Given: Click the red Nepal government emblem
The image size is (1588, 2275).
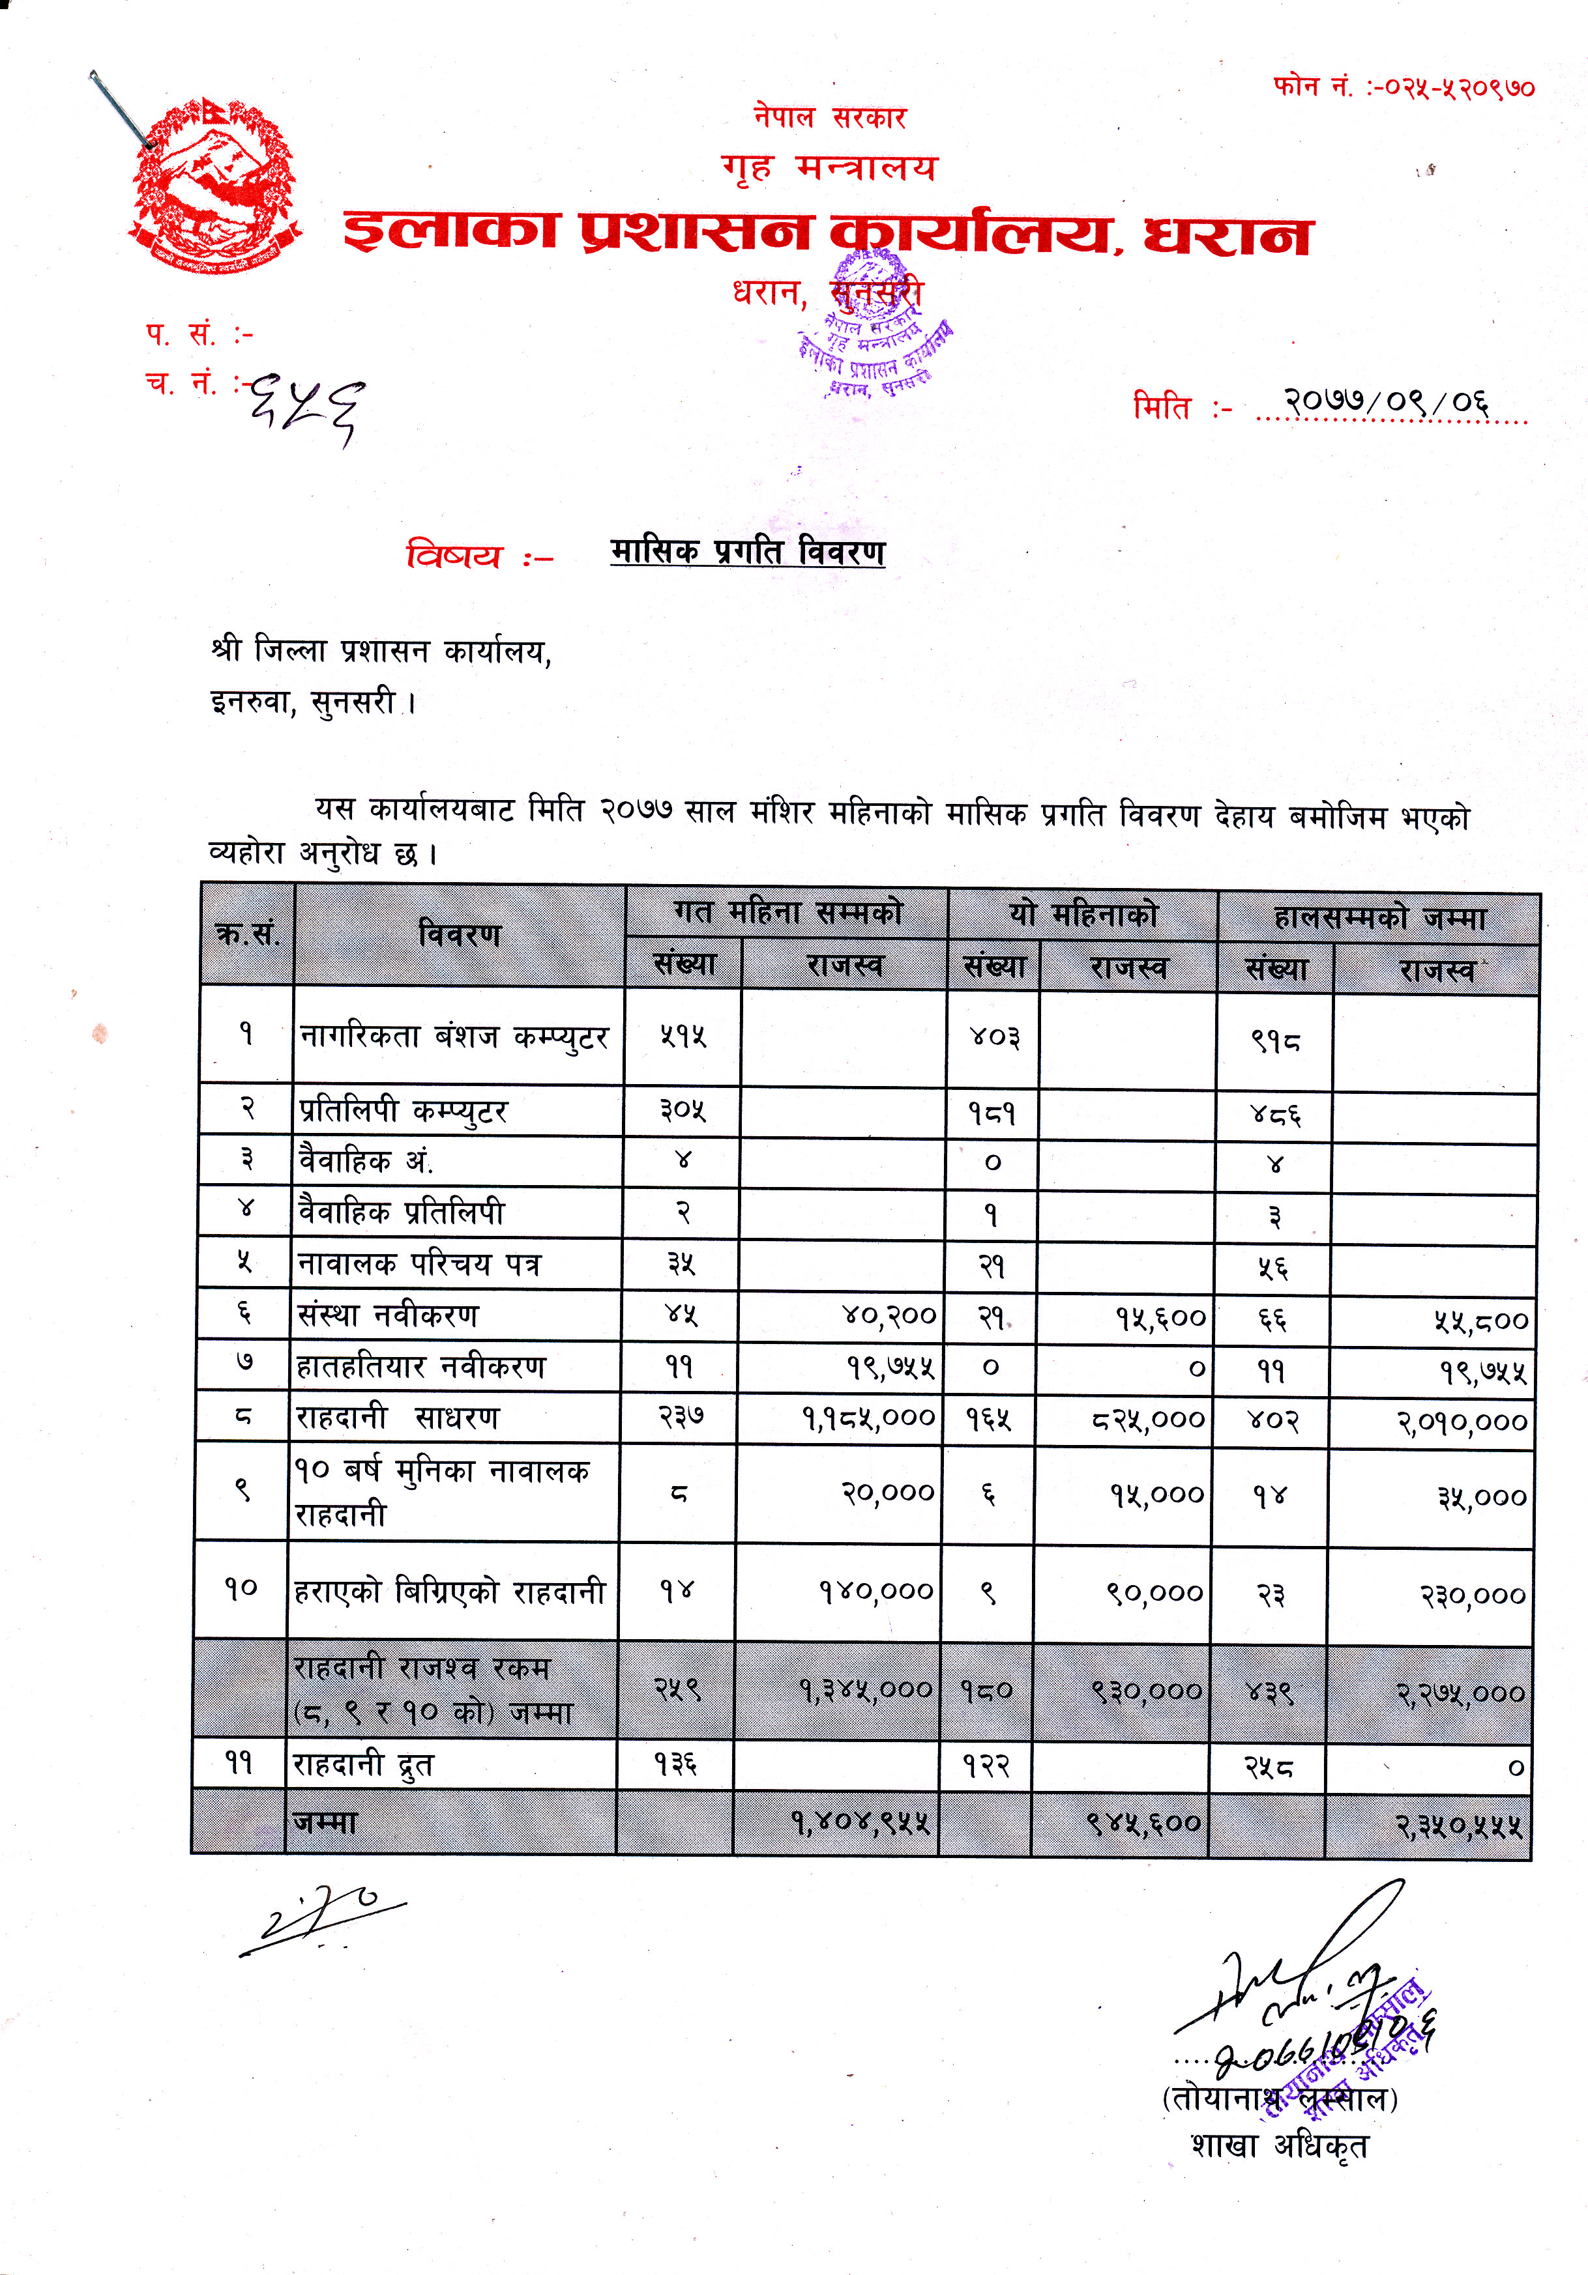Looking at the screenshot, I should (216, 187).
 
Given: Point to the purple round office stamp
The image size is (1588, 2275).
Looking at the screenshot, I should (872, 327).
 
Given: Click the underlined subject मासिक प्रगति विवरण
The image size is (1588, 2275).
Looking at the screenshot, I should (748, 551).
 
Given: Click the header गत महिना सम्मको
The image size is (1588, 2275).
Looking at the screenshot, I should (787, 911).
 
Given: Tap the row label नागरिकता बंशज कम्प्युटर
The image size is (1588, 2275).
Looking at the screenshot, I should (454, 1037).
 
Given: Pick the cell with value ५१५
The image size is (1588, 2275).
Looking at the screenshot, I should (683, 1037).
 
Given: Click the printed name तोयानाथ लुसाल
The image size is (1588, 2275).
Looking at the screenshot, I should (1280, 2098).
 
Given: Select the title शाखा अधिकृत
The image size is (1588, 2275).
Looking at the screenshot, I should (1279, 2146).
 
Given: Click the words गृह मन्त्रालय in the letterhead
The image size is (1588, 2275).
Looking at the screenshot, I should (829, 167).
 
